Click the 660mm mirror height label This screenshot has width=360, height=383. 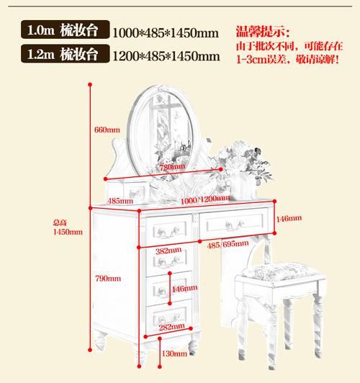tap(107, 130)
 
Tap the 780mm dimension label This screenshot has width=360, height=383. tap(172, 167)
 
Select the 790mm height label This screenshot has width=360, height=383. tap(108, 279)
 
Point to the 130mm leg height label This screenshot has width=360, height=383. tap(174, 353)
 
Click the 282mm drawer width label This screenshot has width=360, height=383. tap(172, 327)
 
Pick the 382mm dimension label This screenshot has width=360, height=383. tap(168, 251)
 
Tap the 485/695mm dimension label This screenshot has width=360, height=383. tap(228, 244)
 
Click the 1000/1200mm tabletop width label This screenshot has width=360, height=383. tap(205, 200)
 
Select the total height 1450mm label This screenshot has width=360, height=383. tap(68, 227)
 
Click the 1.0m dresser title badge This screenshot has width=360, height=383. tap(66, 30)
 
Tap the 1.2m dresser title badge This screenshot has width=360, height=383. tap(66, 53)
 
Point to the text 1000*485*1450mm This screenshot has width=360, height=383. tap(166, 33)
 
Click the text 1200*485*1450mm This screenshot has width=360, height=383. tap(166, 56)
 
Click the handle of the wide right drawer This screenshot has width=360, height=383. tap(235, 225)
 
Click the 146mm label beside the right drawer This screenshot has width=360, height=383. tap(289, 218)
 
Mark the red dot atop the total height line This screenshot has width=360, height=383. tap(90, 84)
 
